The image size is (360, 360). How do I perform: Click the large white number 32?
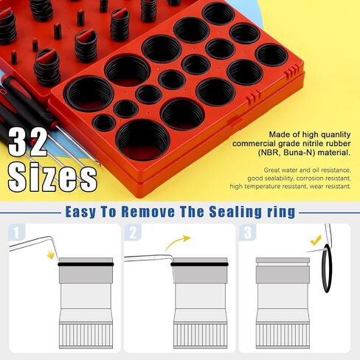click(27, 142)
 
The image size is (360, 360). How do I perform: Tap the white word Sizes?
click(52, 176)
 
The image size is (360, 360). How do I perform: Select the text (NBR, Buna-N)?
click(286, 153)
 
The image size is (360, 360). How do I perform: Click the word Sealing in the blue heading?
click(235, 212)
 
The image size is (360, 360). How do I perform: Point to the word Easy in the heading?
click(80, 212)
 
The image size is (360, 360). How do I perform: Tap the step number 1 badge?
click(16, 232)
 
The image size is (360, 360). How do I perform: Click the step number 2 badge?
click(133, 232)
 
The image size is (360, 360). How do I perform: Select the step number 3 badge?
click(247, 232)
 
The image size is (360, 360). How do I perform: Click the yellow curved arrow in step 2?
click(175, 241)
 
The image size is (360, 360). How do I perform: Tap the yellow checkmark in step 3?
click(316, 240)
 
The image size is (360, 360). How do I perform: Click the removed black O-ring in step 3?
click(323, 268)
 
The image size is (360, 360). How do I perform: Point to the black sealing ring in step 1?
click(86, 265)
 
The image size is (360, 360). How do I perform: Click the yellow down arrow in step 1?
click(51, 255)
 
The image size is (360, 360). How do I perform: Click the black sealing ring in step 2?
click(199, 265)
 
